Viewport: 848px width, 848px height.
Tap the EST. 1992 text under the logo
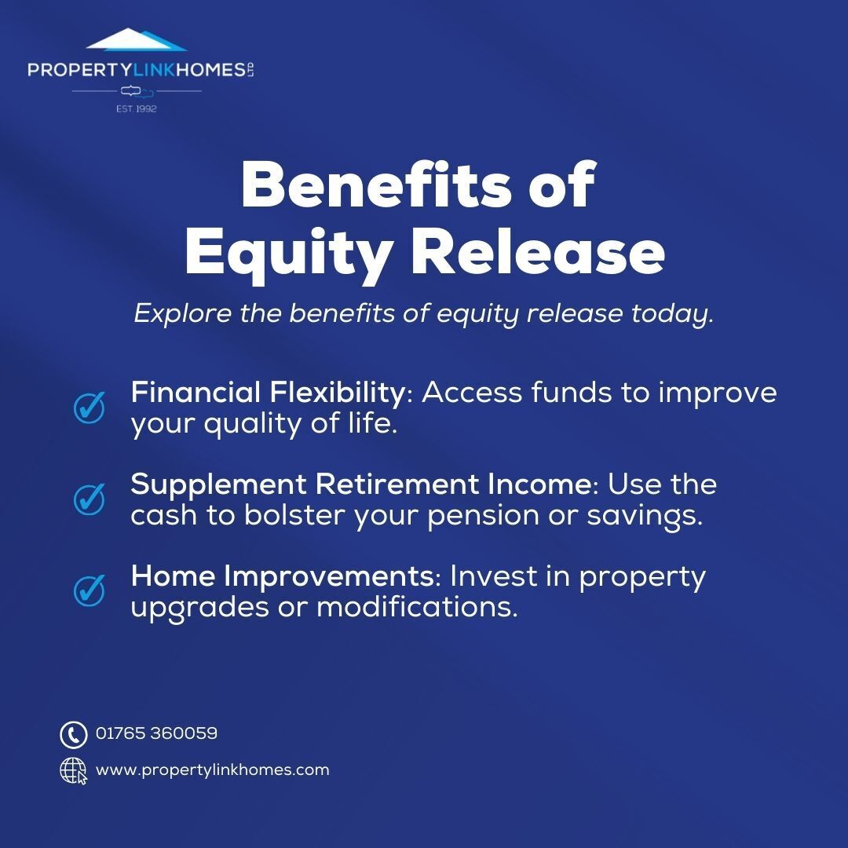tap(137, 108)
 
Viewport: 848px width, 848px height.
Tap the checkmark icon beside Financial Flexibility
tap(90, 407)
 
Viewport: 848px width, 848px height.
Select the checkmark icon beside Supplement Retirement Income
tap(90, 499)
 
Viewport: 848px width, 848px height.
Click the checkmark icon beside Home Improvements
tap(90, 590)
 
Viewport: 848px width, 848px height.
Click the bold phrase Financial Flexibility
tap(267, 392)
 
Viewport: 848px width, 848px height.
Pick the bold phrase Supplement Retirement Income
tap(360, 484)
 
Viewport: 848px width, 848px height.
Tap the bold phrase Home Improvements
tap(282, 576)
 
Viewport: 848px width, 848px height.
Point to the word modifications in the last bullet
tap(417, 607)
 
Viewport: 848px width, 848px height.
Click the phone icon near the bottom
tap(73, 734)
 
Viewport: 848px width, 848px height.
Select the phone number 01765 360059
tap(156, 733)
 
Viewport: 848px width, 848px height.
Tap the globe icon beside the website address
tap(73, 770)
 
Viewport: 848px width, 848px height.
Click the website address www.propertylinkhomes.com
tap(212, 770)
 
